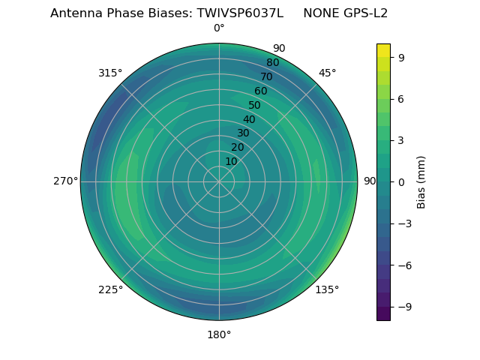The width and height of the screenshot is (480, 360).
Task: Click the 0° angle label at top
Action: (219, 28)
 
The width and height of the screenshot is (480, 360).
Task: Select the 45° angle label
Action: (327, 73)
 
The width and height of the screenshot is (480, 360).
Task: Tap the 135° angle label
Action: (327, 289)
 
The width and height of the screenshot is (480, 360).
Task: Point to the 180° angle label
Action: (219, 334)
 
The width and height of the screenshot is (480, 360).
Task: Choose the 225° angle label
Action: (110, 289)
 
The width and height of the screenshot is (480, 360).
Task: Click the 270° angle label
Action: (65, 181)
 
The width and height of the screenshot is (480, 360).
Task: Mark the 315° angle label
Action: (110, 73)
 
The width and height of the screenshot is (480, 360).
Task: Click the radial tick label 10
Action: (232, 161)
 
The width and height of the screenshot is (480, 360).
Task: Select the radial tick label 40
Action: (249, 120)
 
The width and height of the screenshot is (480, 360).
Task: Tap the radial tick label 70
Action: (266, 77)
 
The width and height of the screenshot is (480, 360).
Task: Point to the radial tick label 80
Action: (272, 63)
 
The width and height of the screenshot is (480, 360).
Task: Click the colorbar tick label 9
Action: (402, 57)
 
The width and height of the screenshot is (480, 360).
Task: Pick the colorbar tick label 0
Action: (402, 181)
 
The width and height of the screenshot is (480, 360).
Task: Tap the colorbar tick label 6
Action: (402, 99)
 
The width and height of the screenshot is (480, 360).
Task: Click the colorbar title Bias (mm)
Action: (421, 181)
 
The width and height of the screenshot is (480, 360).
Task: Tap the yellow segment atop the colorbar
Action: (383, 49)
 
